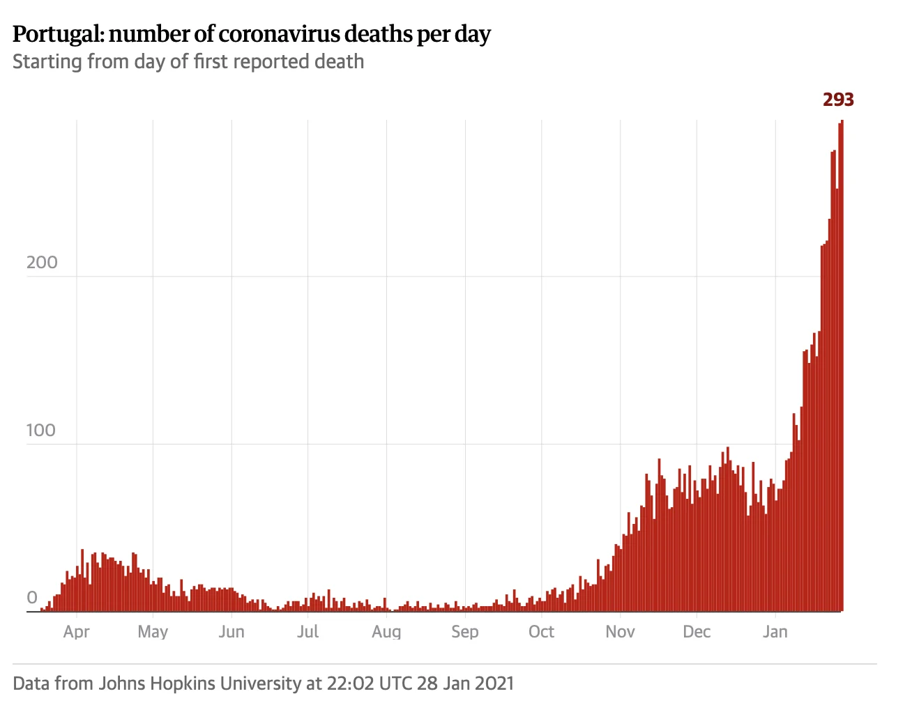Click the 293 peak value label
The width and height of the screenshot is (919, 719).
838,100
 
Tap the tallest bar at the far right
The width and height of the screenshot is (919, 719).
841,366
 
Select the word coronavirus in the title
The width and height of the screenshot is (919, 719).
280,34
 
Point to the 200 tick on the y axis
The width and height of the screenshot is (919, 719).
42,263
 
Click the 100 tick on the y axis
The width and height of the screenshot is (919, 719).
41,431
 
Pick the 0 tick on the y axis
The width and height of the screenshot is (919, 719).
32,598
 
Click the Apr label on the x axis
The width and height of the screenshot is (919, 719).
77,632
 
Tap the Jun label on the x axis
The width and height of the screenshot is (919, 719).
231,632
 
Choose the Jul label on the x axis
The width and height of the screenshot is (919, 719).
307,632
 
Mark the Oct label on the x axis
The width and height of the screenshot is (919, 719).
541,632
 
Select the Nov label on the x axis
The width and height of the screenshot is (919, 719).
620,632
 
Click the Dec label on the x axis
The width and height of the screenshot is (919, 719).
697,632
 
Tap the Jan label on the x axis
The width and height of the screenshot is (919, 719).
775,632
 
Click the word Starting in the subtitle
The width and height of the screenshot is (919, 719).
47,62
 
